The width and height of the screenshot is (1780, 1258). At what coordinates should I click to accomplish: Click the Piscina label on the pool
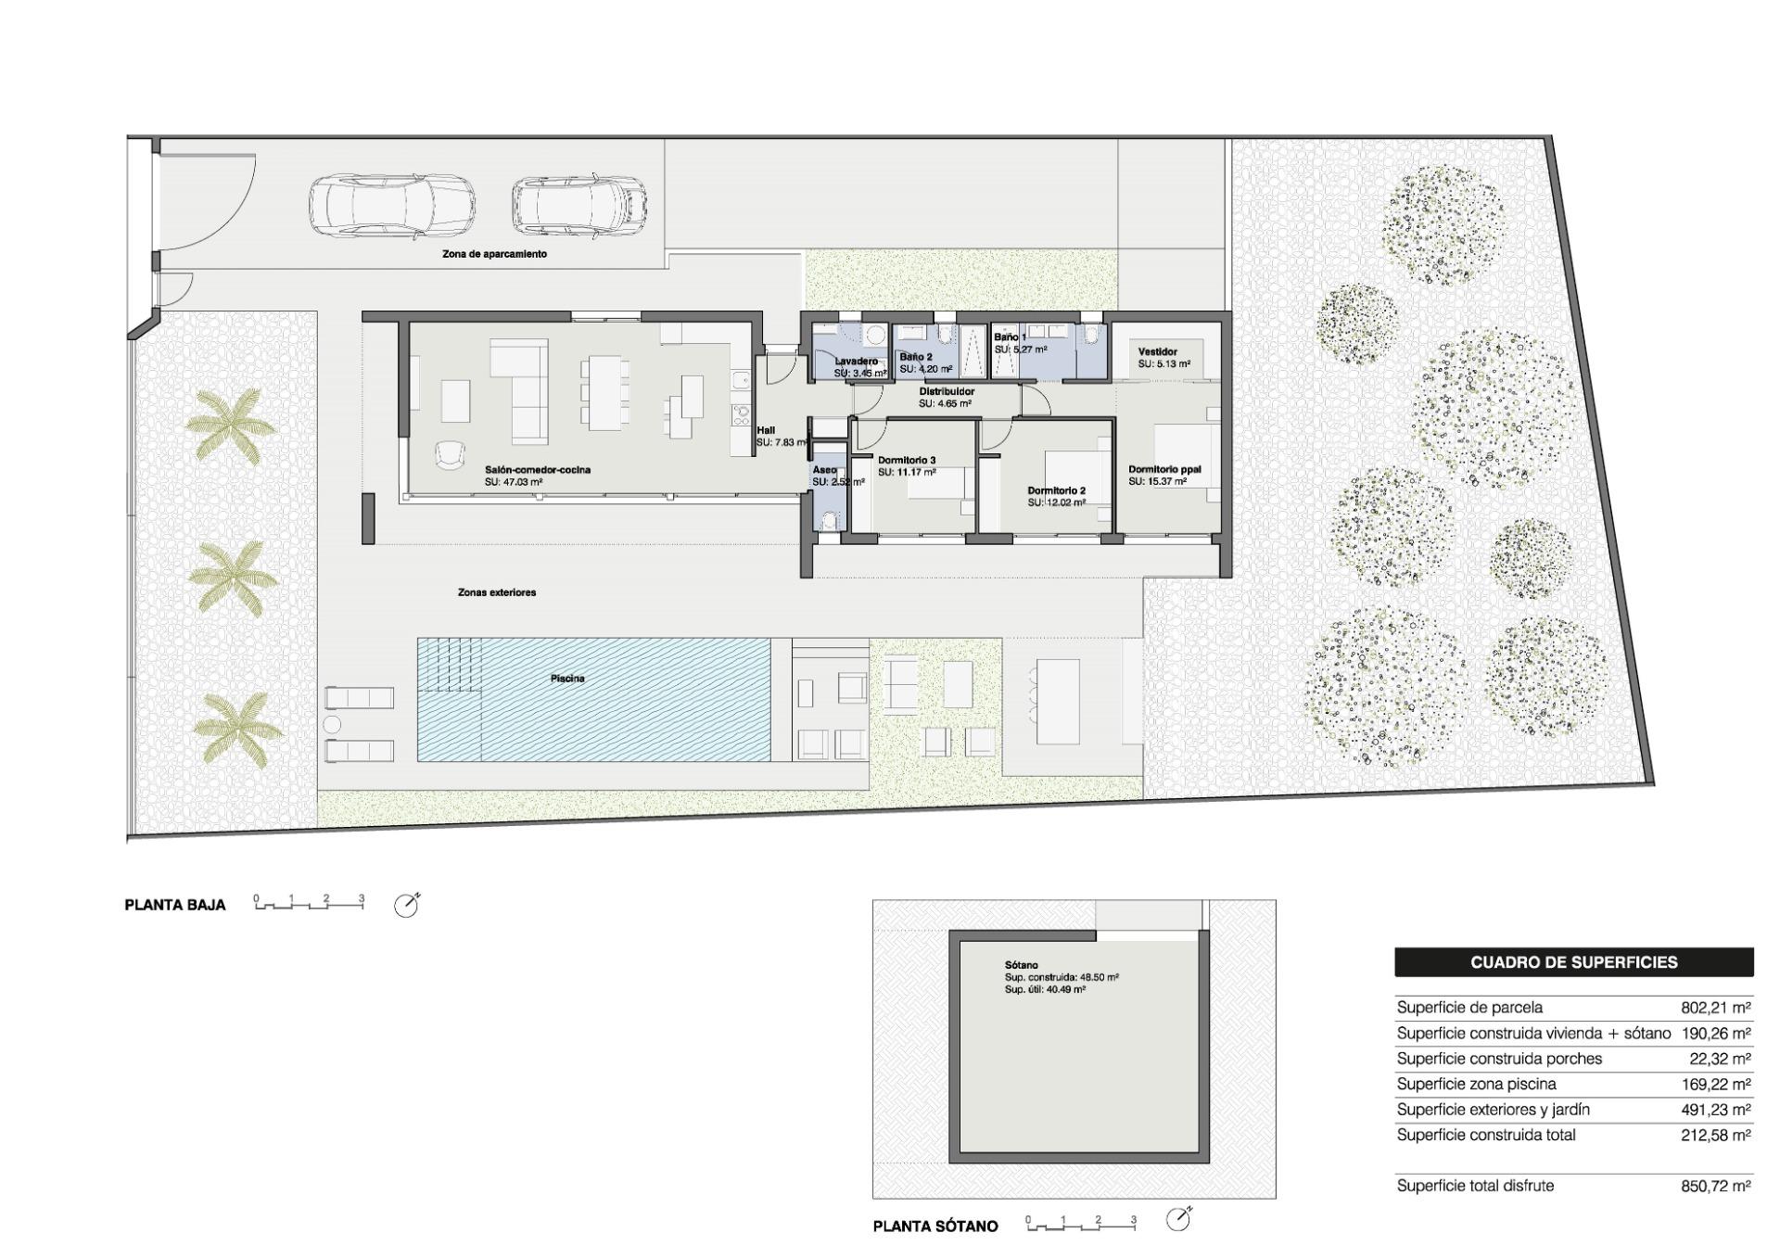[x=567, y=679]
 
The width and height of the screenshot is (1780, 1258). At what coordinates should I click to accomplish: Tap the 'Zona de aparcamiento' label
[x=494, y=254]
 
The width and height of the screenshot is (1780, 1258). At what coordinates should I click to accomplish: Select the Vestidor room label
[x=1157, y=352]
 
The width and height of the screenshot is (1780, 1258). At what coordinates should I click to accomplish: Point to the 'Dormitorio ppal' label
[x=1164, y=470]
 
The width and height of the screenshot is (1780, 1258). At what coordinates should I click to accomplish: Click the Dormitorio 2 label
[x=1056, y=491]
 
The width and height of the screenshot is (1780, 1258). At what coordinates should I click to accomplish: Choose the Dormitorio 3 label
[x=907, y=461]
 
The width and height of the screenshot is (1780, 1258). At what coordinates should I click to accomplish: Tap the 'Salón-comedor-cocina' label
[x=537, y=470]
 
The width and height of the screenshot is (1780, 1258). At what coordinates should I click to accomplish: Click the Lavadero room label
[x=855, y=362]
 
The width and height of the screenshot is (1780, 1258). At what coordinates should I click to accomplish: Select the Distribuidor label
[x=947, y=392]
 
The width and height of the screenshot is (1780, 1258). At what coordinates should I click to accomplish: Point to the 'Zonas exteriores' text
[x=497, y=592]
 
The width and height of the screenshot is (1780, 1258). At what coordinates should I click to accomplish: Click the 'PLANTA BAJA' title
[x=175, y=906]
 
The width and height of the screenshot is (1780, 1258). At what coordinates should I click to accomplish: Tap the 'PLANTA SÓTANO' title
[x=935, y=1226]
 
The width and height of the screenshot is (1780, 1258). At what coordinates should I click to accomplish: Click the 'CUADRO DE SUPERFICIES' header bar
[x=1573, y=962]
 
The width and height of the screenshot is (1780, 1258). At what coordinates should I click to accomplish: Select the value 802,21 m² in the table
[x=1715, y=1008]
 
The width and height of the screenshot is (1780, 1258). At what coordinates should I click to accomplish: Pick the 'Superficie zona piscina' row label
[x=1476, y=1084]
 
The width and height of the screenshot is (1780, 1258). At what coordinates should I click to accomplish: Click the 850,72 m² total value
[x=1715, y=1186]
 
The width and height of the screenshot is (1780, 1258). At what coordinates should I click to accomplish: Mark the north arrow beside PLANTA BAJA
[x=406, y=906]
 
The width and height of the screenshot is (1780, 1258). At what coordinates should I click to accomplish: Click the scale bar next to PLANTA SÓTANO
[x=1081, y=1224]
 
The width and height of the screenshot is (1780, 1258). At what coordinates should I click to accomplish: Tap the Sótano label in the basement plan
[x=1021, y=965]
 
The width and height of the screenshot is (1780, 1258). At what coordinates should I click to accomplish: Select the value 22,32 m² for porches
[x=1720, y=1059]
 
